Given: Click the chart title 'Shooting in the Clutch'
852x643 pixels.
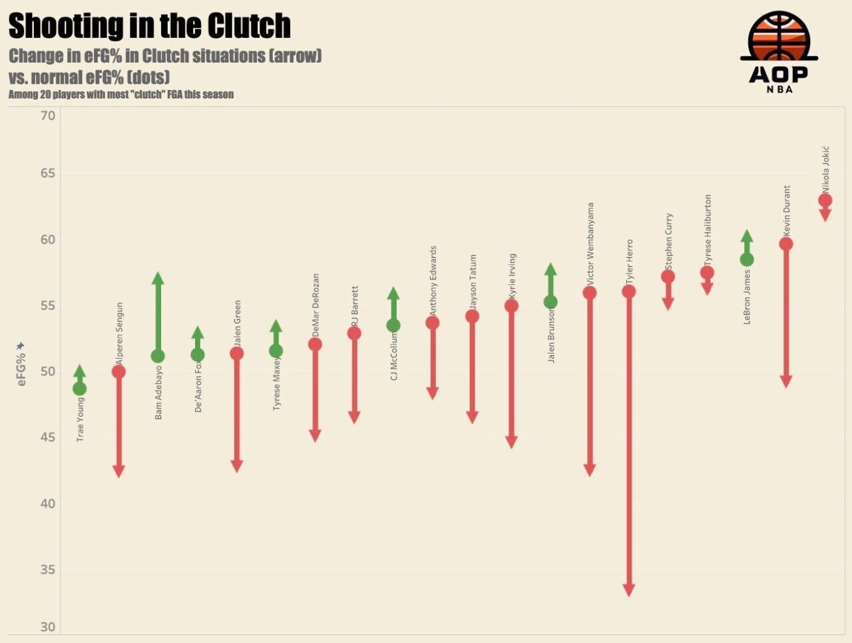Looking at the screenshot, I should (149, 27).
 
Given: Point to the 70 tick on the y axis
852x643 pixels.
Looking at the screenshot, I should (47, 116).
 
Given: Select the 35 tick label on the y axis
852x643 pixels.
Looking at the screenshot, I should (47, 570).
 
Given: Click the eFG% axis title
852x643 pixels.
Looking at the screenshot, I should (21, 365).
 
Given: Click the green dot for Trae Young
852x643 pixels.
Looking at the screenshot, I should (79, 389).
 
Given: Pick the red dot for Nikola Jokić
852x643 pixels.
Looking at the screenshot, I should (825, 200).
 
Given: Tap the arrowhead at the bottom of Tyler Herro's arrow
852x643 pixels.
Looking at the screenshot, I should (628, 590).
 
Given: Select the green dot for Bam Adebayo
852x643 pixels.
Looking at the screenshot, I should (158, 356).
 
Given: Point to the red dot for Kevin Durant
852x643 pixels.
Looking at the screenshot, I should (785, 244).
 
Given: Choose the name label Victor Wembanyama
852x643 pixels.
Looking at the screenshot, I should (590, 244).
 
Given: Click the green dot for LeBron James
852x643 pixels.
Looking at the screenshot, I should (747, 260).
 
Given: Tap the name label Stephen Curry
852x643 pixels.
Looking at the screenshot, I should (669, 241).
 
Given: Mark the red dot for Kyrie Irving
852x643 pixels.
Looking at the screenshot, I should (511, 306).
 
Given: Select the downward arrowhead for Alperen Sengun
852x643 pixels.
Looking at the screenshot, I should (118, 471).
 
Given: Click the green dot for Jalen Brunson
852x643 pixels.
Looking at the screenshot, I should (550, 302).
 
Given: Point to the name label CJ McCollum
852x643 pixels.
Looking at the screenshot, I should (393, 357).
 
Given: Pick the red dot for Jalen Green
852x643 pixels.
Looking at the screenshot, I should (236, 353).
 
